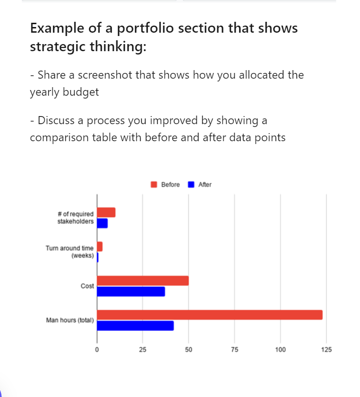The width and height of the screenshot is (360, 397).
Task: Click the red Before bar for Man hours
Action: point(209,315)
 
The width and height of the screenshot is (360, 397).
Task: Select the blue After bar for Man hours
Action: point(135,326)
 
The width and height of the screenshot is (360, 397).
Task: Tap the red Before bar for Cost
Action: point(143,280)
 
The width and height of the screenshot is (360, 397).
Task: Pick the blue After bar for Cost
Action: point(131,291)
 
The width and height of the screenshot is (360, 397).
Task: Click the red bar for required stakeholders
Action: point(106,212)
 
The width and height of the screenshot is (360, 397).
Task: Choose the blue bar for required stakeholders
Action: point(102,223)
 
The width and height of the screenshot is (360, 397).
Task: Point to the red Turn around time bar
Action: point(99,246)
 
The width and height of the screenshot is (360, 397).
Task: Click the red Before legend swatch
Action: point(154,185)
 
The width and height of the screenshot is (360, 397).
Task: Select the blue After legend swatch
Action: point(191,185)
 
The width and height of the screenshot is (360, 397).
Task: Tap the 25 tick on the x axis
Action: point(143,350)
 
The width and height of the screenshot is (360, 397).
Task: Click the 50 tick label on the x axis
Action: point(189,350)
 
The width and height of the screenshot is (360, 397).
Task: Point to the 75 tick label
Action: point(234,350)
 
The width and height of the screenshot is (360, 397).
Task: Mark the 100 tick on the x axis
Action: point(280,350)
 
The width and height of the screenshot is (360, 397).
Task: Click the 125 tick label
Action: point(326,350)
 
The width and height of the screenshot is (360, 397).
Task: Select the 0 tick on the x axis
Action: point(97,350)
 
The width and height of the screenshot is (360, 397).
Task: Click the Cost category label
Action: point(87,286)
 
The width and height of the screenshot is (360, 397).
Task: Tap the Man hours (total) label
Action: point(70,321)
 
